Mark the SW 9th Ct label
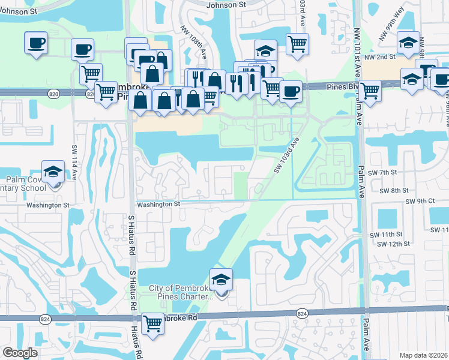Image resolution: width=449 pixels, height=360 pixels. coord(419,202)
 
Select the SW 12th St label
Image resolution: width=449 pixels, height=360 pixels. coord(394,244)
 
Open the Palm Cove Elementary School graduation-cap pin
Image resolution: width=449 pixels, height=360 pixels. coord(53,172)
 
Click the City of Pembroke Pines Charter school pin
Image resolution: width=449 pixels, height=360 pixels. coord(220,280)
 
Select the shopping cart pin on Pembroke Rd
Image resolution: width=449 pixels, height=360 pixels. coord(153,323)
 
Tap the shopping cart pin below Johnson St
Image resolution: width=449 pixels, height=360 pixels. coord(297,44)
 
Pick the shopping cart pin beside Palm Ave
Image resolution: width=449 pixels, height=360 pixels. coord(370,91)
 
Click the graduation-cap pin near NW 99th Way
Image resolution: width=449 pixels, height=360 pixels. coord(408,43)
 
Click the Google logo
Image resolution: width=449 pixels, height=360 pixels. coord(20,353)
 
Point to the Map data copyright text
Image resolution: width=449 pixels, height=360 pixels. coord(424,355)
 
